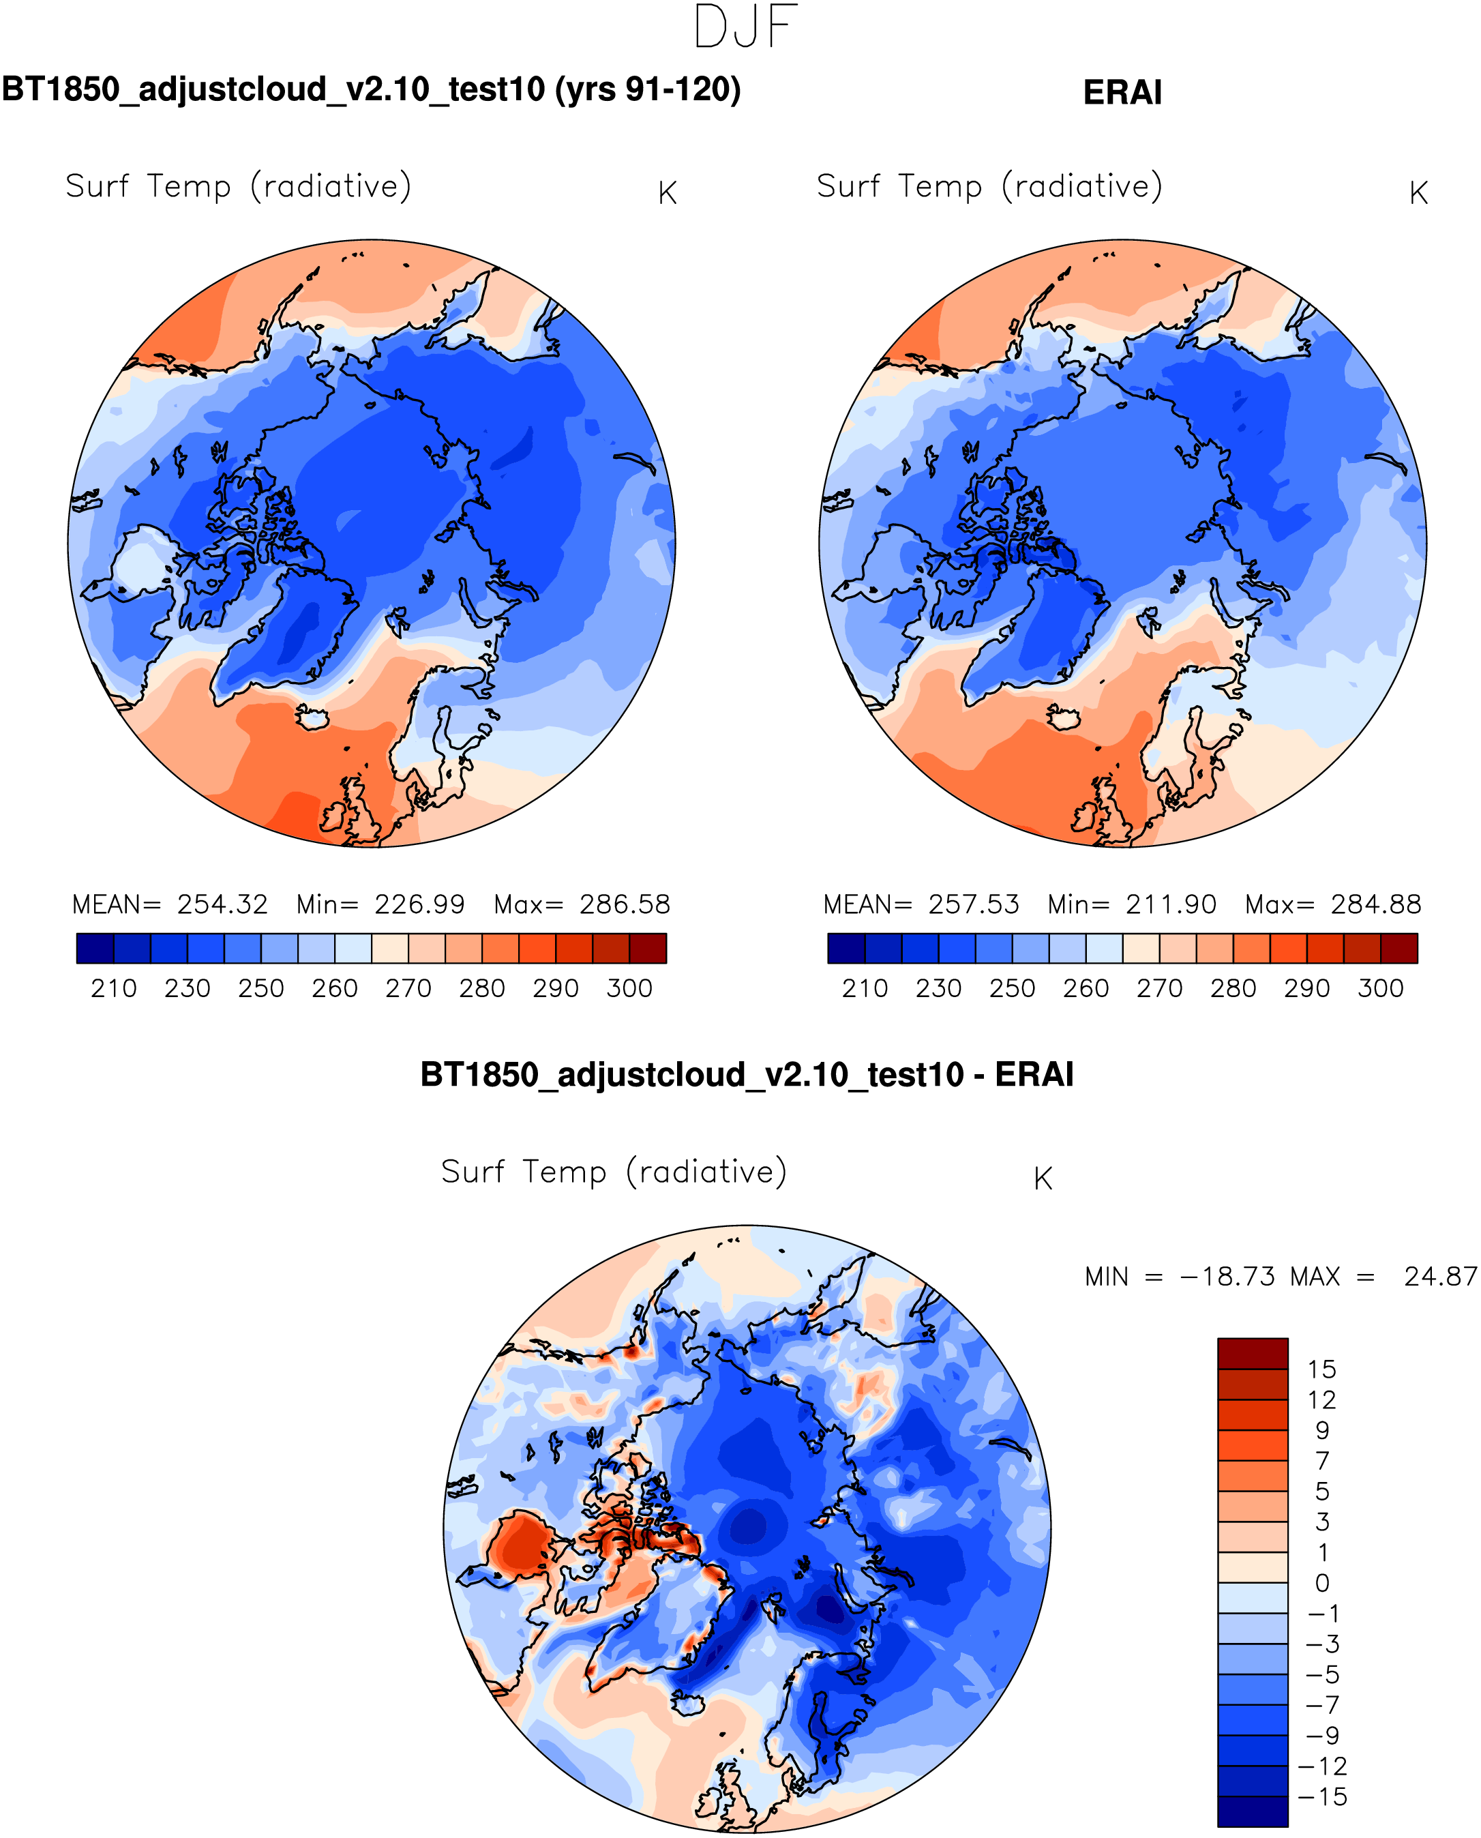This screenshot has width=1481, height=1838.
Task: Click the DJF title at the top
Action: pos(746,27)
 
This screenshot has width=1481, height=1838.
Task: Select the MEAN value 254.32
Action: pos(222,904)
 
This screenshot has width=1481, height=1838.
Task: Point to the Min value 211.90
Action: pos(1171,904)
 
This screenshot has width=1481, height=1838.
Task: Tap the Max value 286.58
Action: pos(625,904)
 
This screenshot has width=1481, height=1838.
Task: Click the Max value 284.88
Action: pos(1375,904)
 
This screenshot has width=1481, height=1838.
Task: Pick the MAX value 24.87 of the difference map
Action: pos(1440,1277)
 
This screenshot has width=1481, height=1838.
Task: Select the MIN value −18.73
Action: pos(1227,1277)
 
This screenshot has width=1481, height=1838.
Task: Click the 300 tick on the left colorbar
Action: pos(629,989)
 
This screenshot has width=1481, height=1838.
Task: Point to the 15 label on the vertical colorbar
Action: pos(1321,1369)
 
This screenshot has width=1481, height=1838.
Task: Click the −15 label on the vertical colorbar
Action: pos(1321,1797)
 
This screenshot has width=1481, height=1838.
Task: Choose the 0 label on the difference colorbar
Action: pos(1321,1583)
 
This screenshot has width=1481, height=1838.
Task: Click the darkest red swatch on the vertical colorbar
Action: pos(1253,1353)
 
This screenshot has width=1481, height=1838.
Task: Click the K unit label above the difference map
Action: pos(1043,1179)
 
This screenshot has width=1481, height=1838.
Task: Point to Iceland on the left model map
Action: pos(312,717)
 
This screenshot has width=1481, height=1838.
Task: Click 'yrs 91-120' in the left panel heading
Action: pos(648,89)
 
